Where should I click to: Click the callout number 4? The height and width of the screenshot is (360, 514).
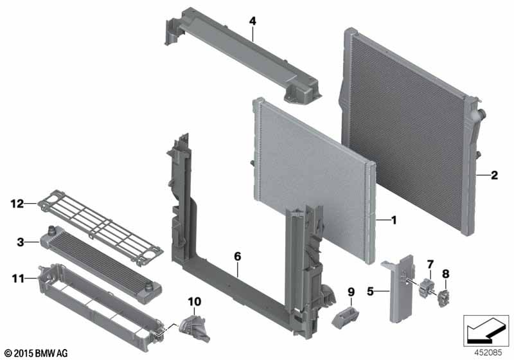pos(253,21)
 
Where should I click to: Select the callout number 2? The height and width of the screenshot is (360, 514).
pos(494,174)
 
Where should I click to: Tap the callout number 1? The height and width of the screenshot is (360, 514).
pos(394,221)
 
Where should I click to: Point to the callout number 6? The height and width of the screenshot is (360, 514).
pos(237,256)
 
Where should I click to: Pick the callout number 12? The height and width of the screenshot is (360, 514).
pos(16,204)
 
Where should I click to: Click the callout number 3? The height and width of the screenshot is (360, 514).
pos(20,242)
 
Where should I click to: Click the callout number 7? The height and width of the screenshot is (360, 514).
pos(430,264)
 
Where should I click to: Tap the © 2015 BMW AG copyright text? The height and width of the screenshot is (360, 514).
pos(36,353)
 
